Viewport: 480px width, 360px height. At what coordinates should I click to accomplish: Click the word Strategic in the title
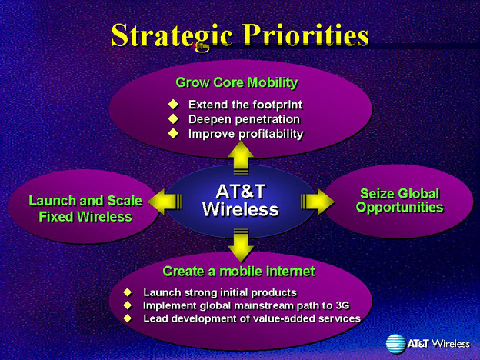point(172,36)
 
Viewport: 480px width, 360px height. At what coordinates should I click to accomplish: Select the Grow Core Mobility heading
point(237,82)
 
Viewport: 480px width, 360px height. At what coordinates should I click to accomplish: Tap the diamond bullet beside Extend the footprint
point(173,105)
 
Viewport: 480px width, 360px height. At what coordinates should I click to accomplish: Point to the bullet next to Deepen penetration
point(173,118)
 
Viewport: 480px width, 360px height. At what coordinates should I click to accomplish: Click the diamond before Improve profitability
point(173,133)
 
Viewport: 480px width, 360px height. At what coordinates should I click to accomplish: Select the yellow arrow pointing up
point(241,158)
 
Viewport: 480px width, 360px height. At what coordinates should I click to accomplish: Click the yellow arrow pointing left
point(165,202)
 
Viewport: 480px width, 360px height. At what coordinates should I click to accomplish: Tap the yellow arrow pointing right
point(318,202)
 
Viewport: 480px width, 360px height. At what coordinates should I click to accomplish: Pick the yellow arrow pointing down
point(241,245)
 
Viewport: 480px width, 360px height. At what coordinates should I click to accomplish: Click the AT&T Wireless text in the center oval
point(241,201)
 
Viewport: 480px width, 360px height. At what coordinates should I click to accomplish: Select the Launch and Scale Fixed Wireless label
point(85,208)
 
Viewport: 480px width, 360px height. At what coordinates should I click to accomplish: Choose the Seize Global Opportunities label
point(399,201)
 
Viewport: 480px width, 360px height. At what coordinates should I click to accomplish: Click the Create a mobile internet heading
point(238,272)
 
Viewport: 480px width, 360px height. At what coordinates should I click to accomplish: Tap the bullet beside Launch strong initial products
point(128,292)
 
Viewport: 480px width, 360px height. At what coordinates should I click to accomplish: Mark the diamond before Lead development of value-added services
point(128,318)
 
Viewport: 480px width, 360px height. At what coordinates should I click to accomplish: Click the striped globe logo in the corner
point(396,344)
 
